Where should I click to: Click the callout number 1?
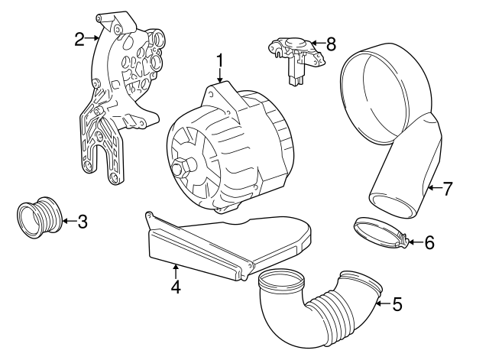click(219, 60)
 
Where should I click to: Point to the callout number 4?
click(175, 287)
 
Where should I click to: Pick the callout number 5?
click(397, 304)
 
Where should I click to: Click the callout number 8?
click(331, 44)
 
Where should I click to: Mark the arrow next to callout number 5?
click(381, 304)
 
